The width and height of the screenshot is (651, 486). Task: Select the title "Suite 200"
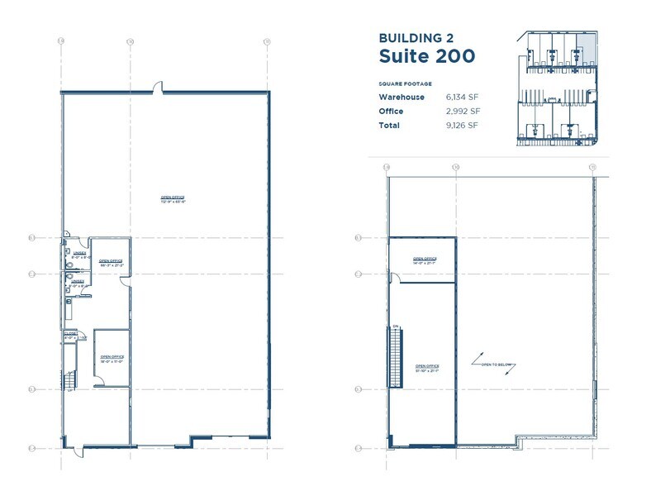(x=426, y=56)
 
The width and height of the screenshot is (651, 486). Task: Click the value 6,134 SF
(x=462, y=98)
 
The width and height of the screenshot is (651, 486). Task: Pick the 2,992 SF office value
(x=462, y=112)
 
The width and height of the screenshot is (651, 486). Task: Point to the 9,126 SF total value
(x=462, y=126)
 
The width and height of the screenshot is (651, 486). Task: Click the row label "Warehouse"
(x=402, y=98)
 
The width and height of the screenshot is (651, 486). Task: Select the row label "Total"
(x=389, y=126)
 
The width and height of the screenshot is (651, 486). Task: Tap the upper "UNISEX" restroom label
(x=78, y=254)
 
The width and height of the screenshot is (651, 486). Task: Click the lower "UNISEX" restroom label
(x=78, y=282)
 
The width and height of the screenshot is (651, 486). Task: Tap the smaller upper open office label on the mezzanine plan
(x=424, y=259)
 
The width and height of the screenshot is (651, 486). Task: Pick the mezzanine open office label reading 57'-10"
(x=427, y=367)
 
